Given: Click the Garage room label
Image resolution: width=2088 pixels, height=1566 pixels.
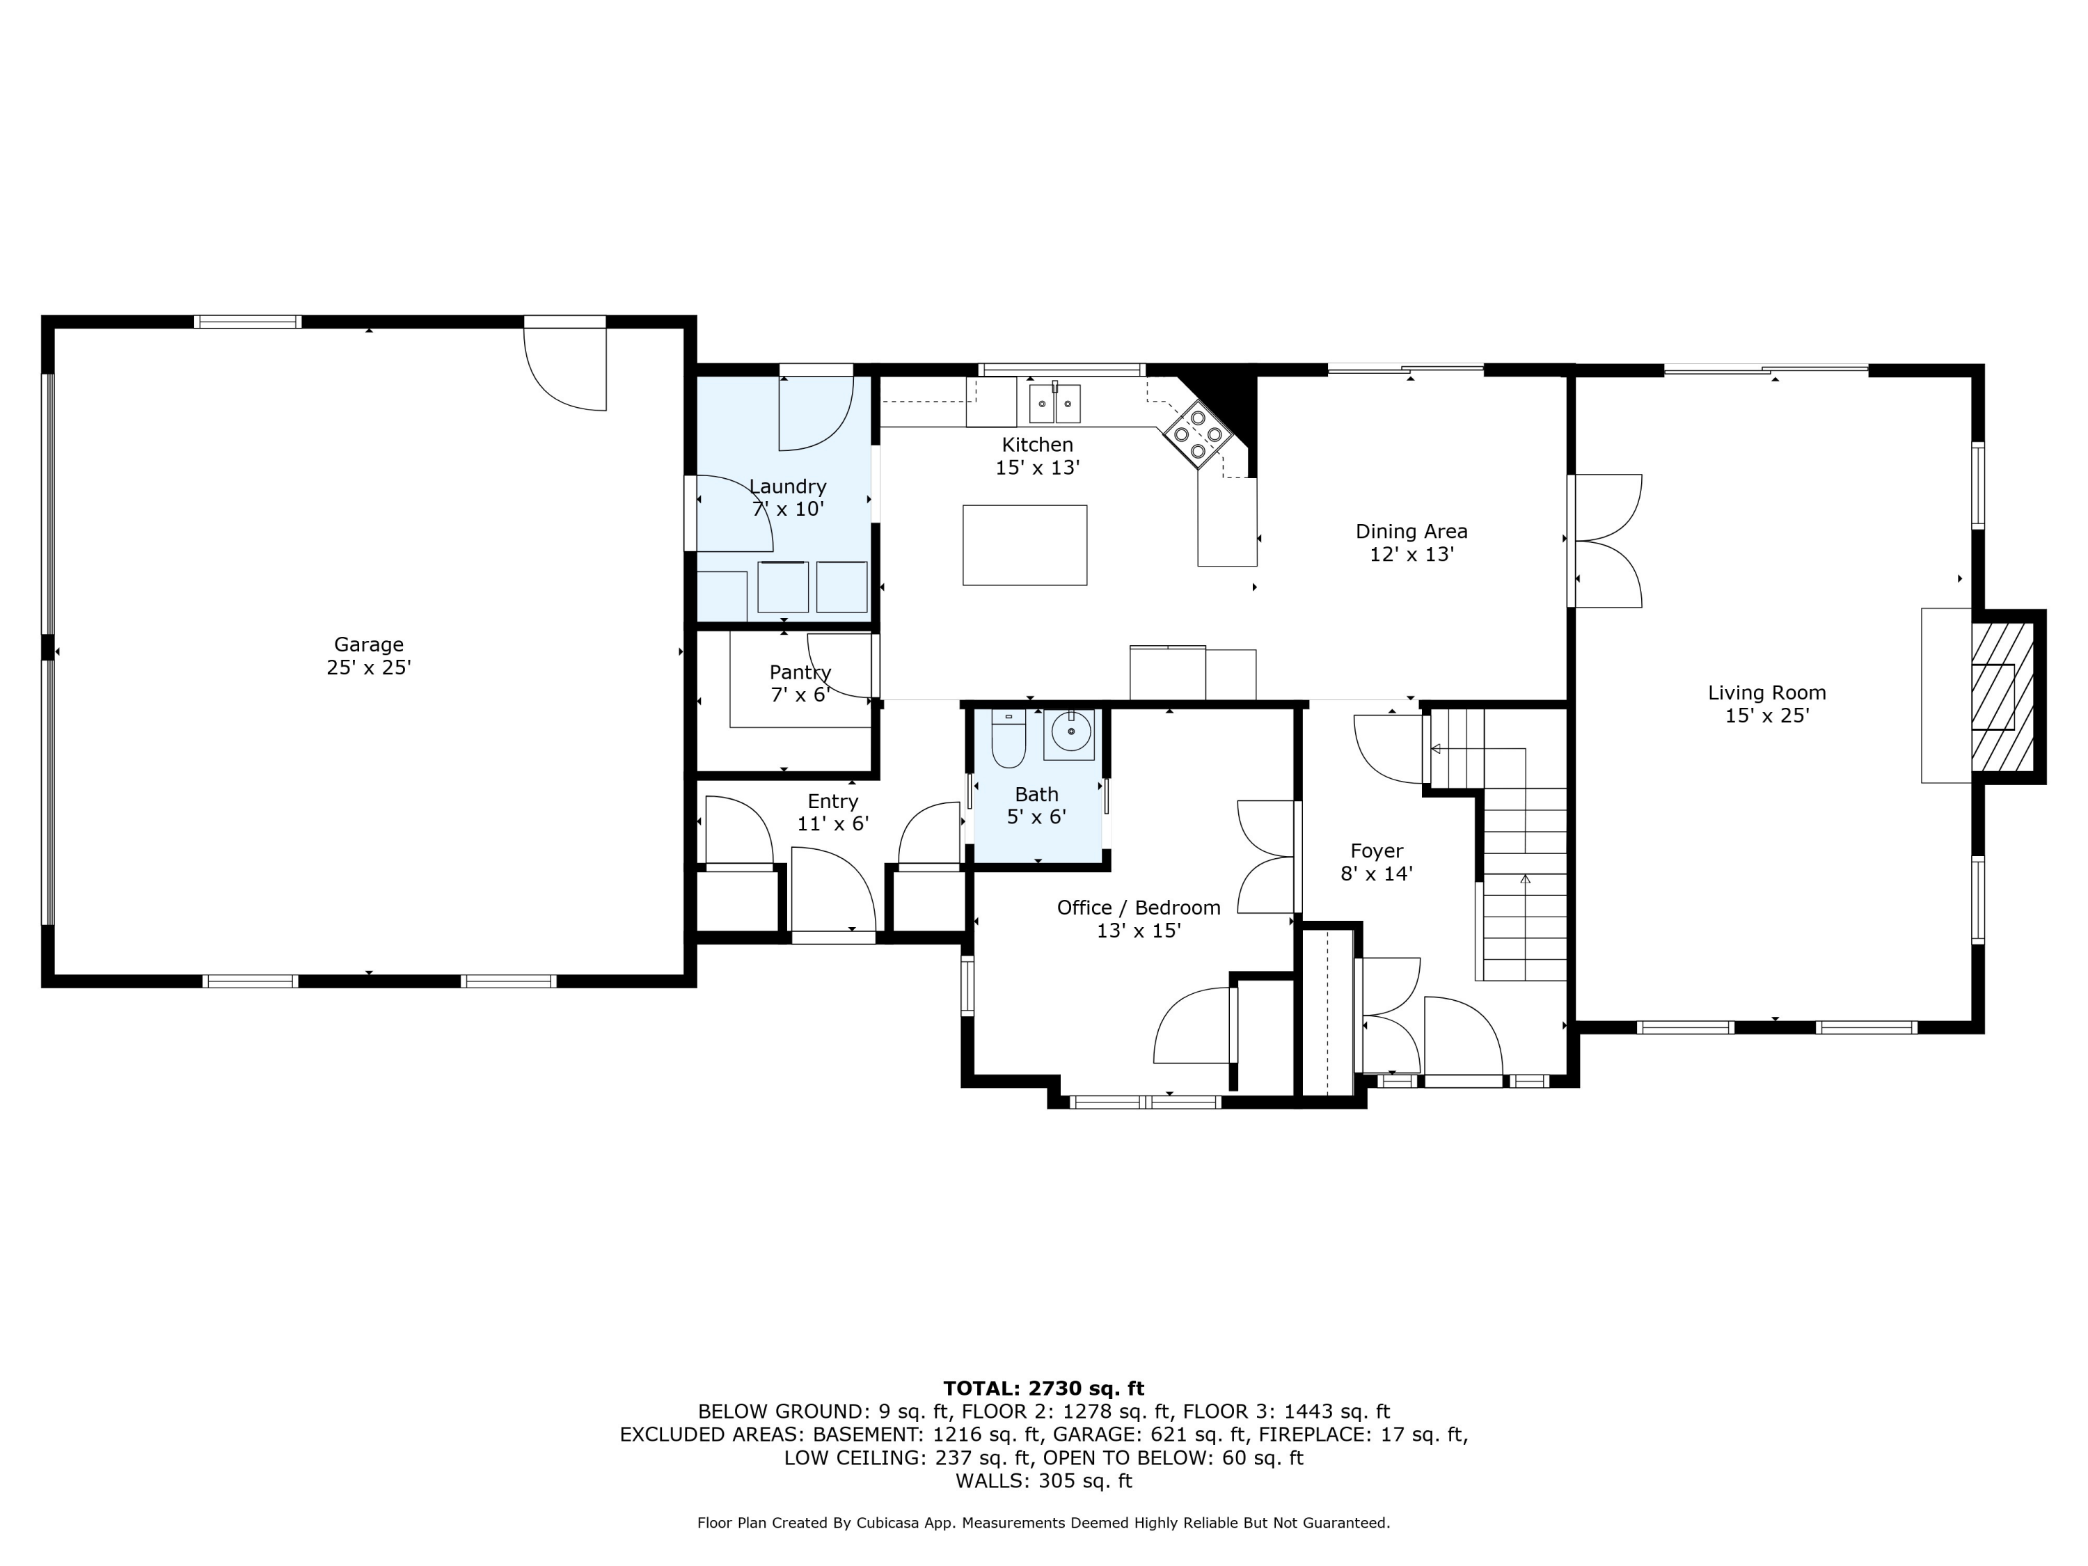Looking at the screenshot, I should coord(368,644).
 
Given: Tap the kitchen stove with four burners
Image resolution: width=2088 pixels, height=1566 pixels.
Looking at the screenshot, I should coord(1198,434).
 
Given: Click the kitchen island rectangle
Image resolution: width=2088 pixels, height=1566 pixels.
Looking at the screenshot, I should coord(1025,545).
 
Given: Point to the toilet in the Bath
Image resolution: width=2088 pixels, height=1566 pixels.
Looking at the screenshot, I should coord(1008,739).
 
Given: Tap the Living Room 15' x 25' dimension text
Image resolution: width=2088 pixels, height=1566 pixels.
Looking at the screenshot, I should coord(1766,715).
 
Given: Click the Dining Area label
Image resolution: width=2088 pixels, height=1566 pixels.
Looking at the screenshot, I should coord(1411,532).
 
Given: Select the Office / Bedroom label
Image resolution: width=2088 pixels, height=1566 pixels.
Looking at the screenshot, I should coord(1139,907).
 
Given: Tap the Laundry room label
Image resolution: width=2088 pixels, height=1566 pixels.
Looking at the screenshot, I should coord(787,487).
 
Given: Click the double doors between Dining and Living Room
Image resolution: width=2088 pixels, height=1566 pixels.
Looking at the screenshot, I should coord(1606,541).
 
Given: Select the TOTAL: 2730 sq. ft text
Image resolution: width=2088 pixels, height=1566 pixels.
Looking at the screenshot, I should coord(1043,1389).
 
